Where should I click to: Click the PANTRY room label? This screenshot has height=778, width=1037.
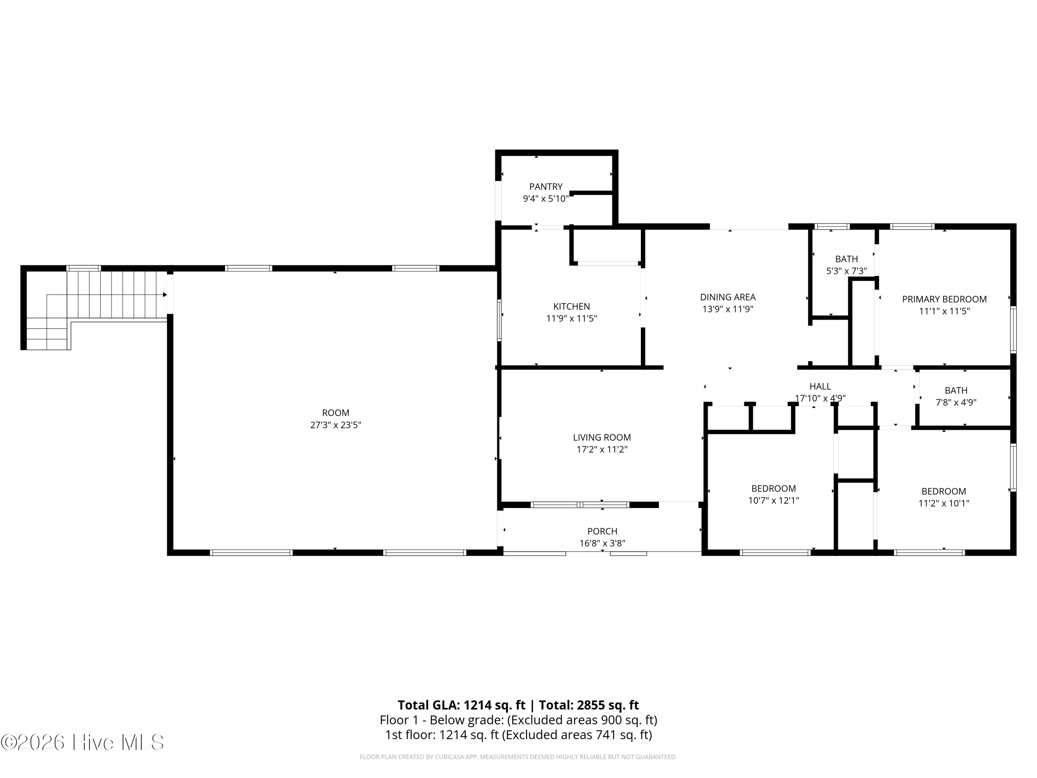[546, 187]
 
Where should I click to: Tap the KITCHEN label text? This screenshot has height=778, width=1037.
[571, 306]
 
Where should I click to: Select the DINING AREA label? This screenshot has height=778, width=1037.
[728, 297]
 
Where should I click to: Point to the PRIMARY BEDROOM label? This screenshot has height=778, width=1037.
[944, 299]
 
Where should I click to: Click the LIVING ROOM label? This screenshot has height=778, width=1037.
[602, 437]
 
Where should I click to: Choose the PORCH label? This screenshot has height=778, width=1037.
[602, 531]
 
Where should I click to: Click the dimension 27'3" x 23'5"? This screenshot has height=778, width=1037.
[336, 425]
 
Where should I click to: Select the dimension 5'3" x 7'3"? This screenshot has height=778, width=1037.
[847, 271]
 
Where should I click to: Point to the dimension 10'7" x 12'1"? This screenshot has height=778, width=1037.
[774, 500]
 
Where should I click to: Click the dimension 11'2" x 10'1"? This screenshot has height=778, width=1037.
[944, 503]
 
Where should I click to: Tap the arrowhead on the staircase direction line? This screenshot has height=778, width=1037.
[165, 295]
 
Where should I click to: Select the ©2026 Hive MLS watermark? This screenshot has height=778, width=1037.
[83, 742]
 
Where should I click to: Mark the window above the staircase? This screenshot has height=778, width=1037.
[83, 268]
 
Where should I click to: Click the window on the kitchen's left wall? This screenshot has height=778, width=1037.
[499, 320]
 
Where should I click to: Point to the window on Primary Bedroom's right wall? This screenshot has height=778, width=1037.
[1013, 330]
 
